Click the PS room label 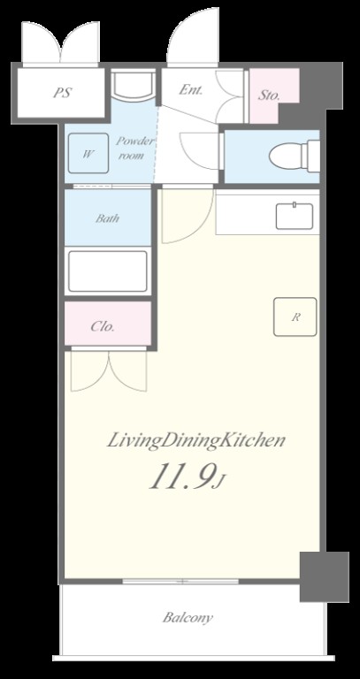pyautogui.click(x=63, y=93)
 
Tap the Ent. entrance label pyautogui.click(x=191, y=89)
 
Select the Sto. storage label pyautogui.click(x=269, y=95)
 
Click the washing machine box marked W pyautogui.click(x=88, y=153)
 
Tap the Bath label pyautogui.click(x=107, y=217)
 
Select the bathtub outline pyautogui.click(x=108, y=271)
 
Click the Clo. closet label pyautogui.click(x=103, y=326)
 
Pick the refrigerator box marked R pyautogui.click(x=295, y=317)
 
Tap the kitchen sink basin pyautogui.click(x=295, y=216)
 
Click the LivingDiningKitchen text pyautogui.click(x=195, y=441)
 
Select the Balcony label pyautogui.click(x=188, y=617)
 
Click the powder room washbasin pyautogui.click(x=133, y=86)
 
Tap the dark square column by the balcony pyautogui.click(x=325, y=576)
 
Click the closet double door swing pyautogui.click(x=109, y=370)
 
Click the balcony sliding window pyautogui.click(x=180, y=581)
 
